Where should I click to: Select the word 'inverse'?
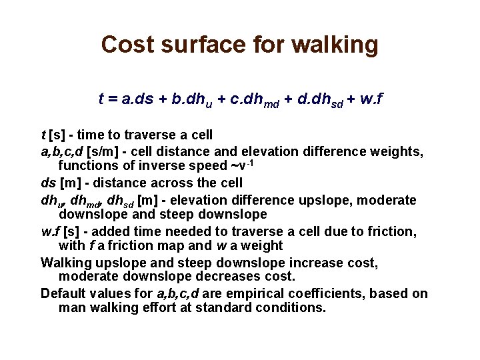click(151, 166)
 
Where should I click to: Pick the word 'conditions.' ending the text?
click(293, 307)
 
